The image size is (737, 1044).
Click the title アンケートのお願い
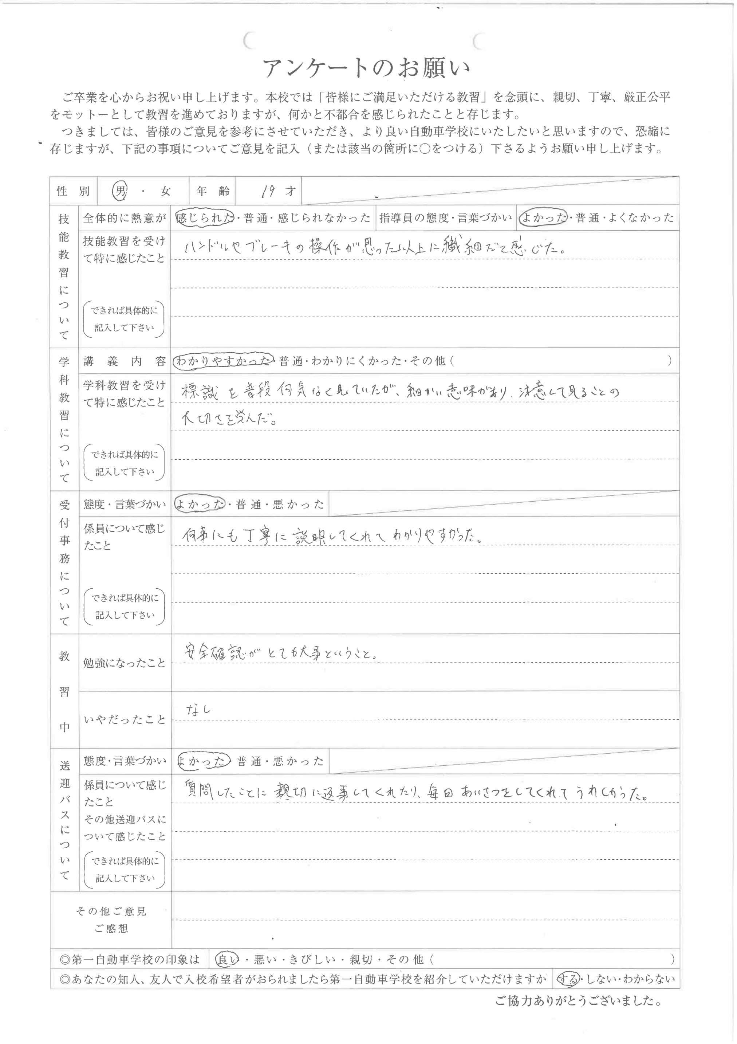coord(366,68)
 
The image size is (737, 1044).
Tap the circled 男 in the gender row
coord(120,191)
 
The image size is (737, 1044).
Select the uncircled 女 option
coord(165,191)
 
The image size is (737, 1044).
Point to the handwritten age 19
coord(268,191)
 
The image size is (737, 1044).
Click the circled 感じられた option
coord(204,218)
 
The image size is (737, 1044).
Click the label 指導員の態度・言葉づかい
coord(446,218)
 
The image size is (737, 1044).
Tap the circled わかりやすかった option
coord(223,361)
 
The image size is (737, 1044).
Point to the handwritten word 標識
coord(200,392)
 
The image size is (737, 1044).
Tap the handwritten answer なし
coord(198,710)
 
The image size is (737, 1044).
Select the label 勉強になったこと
coord(124,663)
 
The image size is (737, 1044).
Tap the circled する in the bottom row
coord(568,979)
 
